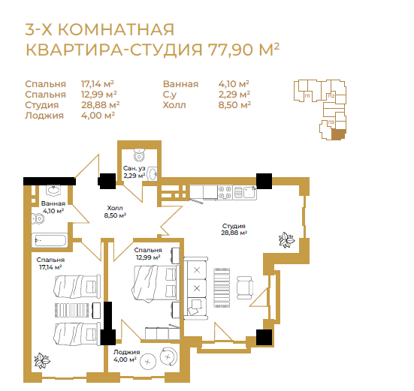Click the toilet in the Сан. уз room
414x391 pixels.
click(139, 155)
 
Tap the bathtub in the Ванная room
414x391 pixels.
click(50, 240)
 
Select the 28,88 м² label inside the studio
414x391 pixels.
click(234, 233)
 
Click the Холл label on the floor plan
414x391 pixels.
click(115, 208)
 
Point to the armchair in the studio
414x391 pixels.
click(245, 287)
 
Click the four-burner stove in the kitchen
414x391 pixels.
click(225, 192)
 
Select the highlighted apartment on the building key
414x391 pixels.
click(338, 134)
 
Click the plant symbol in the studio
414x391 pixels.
click(287, 239)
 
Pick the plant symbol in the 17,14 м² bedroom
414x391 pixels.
click(42, 360)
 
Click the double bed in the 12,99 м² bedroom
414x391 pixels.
click(156, 283)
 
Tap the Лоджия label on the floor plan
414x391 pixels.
click(127, 352)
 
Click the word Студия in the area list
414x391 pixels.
click(42, 105)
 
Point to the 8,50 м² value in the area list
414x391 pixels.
click(234, 105)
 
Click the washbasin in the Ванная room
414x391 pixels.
click(53, 190)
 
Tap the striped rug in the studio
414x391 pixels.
click(222, 287)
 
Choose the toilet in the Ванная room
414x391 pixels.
click(38, 218)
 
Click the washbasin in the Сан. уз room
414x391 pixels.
click(152, 174)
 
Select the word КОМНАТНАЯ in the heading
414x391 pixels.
click(116, 29)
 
